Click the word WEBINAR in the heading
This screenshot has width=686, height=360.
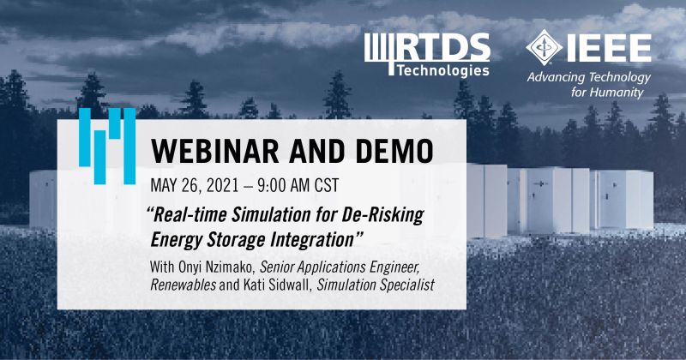[215, 151]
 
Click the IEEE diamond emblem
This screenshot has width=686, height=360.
[544, 47]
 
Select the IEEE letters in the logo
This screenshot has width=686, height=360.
[609, 48]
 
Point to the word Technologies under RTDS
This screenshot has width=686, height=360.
[442, 70]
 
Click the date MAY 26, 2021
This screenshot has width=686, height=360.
[195, 185]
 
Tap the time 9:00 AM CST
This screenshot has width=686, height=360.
[298, 185]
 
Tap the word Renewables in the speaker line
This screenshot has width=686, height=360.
[183, 285]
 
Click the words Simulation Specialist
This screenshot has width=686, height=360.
[376, 285]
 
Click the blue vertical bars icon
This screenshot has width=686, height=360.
[107, 146]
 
